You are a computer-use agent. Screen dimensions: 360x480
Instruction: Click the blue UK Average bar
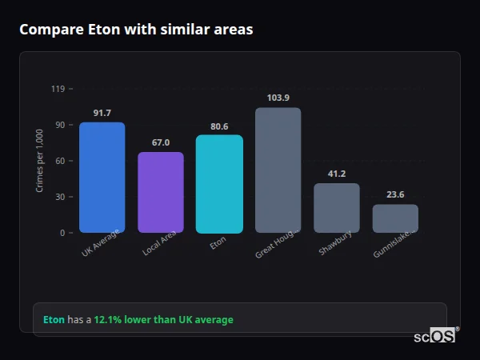click(x=102, y=177)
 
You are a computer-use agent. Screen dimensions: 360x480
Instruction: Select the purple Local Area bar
click(x=161, y=192)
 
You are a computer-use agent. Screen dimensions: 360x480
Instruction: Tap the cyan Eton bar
click(x=219, y=183)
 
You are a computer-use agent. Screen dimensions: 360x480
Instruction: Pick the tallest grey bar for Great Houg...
click(x=278, y=170)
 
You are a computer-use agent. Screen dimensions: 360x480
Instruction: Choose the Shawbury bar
click(x=337, y=208)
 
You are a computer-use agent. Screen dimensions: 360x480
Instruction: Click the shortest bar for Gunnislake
click(x=395, y=218)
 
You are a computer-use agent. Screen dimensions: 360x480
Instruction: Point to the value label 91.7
click(x=102, y=113)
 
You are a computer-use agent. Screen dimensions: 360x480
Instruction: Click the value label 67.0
click(x=161, y=142)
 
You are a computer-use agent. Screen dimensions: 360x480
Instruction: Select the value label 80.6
click(x=219, y=126)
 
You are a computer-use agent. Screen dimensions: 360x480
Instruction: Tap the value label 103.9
click(x=278, y=98)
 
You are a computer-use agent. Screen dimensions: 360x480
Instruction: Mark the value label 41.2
click(x=337, y=174)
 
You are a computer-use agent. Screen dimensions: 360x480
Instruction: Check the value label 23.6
click(x=395, y=194)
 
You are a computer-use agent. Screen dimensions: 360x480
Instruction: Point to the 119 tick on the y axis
click(x=58, y=89)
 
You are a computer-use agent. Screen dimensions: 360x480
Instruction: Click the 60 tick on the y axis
click(x=60, y=161)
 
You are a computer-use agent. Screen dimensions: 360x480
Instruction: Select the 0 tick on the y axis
click(x=62, y=233)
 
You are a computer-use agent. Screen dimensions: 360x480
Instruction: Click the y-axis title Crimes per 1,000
click(x=40, y=161)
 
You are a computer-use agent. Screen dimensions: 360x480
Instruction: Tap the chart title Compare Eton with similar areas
click(x=136, y=30)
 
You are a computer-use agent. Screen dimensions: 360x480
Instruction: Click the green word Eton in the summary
click(x=54, y=320)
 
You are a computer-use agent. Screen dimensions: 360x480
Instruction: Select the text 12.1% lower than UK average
click(x=163, y=320)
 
